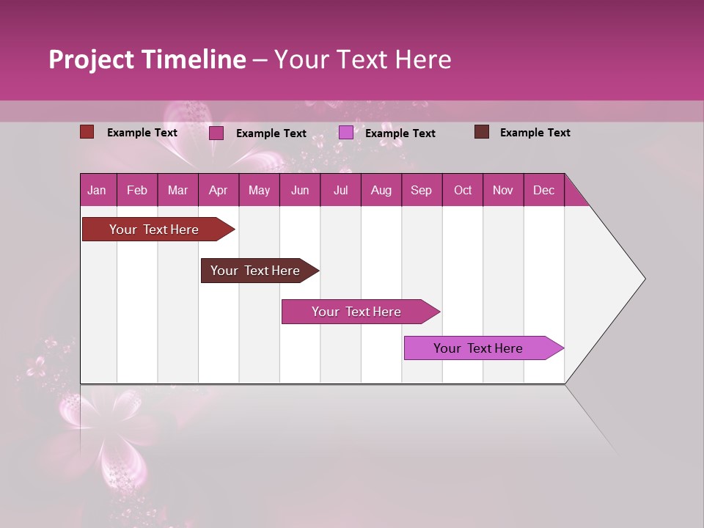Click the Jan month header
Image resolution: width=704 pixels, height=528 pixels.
[x=97, y=190]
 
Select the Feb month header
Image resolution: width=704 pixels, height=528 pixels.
[x=137, y=190]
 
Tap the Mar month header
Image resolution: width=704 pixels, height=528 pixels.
[x=177, y=190]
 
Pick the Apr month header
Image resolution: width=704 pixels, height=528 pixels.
[x=219, y=190]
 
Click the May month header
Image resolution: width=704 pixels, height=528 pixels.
[x=259, y=190]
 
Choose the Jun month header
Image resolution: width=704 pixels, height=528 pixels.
[x=300, y=190]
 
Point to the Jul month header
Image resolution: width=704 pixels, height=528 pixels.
[x=340, y=190]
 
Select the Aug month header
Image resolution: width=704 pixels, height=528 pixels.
[x=381, y=190]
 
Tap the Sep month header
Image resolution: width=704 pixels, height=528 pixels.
[x=422, y=190]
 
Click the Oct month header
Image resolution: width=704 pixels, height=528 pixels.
[x=463, y=190]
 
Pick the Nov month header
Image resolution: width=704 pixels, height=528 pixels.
[x=503, y=190]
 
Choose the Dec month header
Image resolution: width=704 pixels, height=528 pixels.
[x=543, y=190]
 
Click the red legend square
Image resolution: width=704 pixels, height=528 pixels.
[x=87, y=132]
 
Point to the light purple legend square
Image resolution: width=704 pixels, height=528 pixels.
[x=346, y=133]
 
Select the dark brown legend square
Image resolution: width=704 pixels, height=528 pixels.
[x=482, y=132]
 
